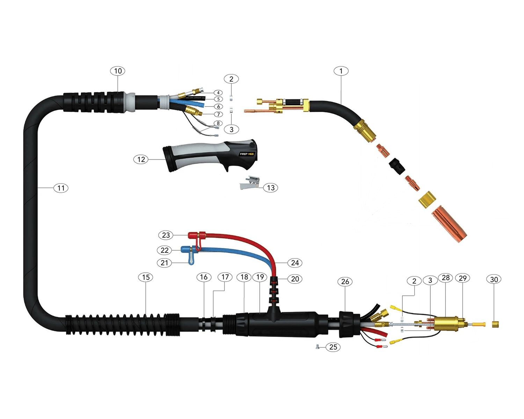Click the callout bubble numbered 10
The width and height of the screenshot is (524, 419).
118,71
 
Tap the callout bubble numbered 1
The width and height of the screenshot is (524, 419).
341,71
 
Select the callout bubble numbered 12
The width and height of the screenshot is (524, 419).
141,160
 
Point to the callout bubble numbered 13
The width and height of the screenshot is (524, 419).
270,188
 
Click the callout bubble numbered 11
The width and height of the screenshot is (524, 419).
61,188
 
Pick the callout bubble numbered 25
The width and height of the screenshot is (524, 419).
333,347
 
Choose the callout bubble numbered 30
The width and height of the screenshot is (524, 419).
494,279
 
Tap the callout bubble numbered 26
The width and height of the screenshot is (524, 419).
345,281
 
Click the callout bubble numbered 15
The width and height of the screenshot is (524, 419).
146,277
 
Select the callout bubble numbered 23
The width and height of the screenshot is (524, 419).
166,235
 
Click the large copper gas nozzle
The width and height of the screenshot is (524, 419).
449,224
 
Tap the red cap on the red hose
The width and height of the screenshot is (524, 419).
194,235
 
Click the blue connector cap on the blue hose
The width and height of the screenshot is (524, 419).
186,249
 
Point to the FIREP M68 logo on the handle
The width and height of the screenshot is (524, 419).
247,154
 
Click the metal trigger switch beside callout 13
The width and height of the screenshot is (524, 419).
249,183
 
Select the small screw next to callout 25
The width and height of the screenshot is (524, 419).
317,347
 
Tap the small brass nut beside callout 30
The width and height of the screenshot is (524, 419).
495,324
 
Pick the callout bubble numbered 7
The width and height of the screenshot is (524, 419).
218,114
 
